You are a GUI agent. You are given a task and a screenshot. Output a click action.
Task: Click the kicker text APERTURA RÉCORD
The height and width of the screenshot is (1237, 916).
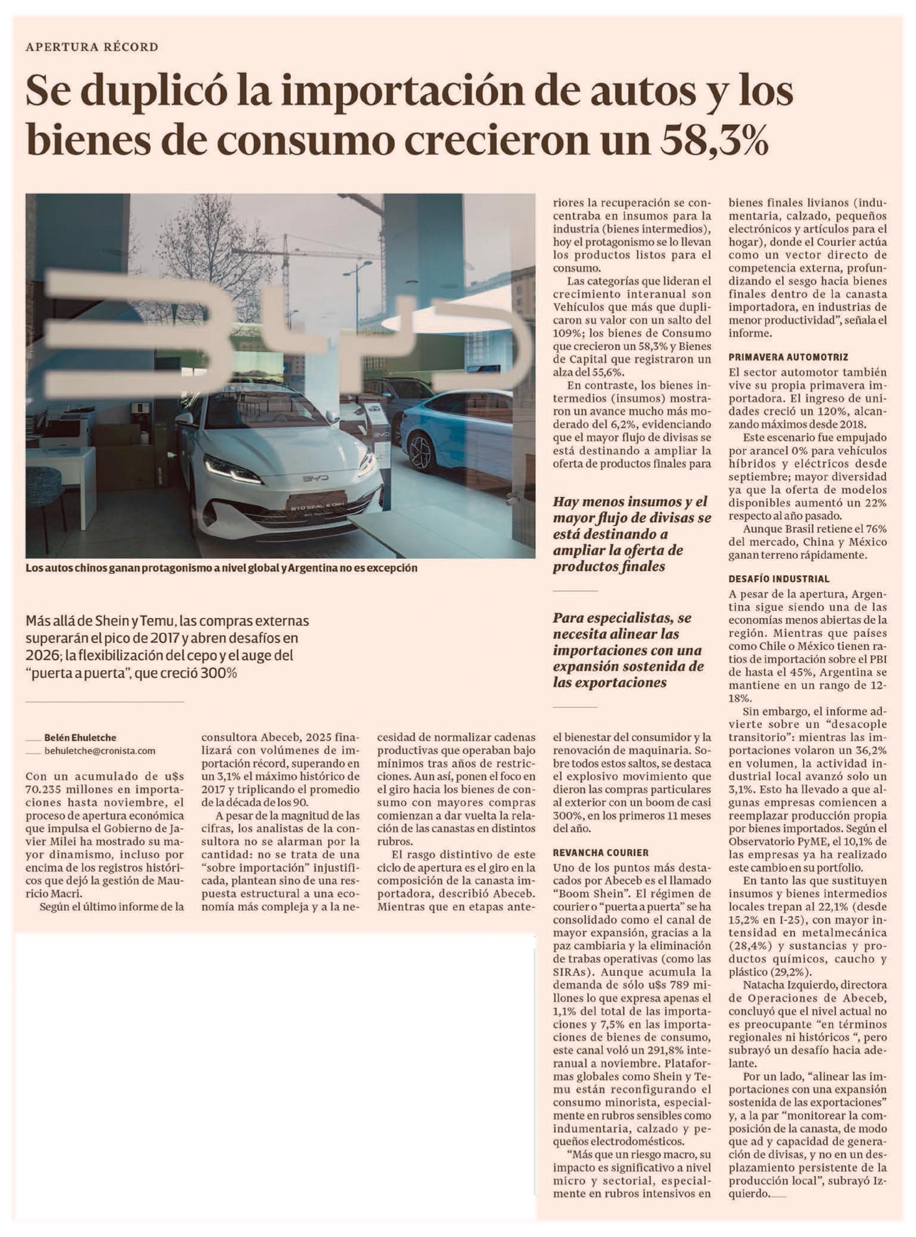[92, 47]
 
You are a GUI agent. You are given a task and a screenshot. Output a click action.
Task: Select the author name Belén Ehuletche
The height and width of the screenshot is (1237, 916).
[80, 738]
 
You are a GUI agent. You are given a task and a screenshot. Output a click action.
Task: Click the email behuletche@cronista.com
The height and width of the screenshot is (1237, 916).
[100, 751]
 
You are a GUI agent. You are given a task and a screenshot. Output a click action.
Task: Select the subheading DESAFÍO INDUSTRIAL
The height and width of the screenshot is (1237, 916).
[779, 579]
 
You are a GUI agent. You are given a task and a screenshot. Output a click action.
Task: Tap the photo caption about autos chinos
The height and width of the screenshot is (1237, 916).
[221, 568]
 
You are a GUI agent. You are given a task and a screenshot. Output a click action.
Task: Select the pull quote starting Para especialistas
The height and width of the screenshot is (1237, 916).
[628, 650]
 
